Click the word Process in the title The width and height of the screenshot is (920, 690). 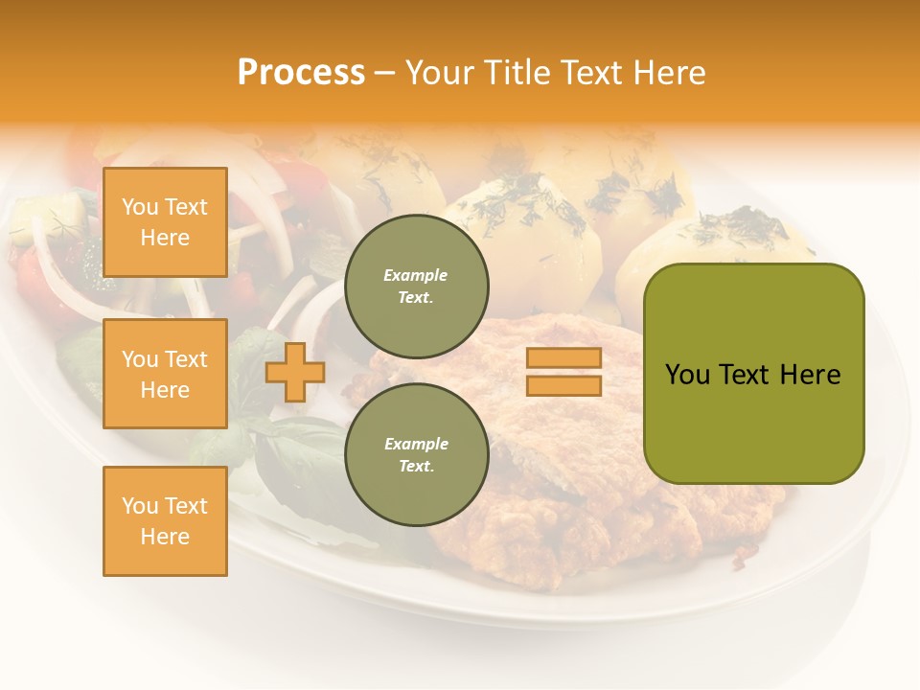[x=301, y=73]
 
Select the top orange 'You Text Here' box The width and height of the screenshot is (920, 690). [x=165, y=222]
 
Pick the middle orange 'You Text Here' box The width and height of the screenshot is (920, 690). [x=165, y=374]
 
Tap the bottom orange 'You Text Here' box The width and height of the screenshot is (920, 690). [x=165, y=521]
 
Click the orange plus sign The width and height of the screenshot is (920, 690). [x=294, y=372]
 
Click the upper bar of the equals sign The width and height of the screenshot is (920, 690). [x=564, y=357]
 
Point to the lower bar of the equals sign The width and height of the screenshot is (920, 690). [x=564, y=385]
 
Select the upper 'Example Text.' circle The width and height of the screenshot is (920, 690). [x=416, y=286]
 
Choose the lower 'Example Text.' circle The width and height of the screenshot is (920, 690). [x=416, y=454]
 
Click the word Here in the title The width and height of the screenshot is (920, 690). [x=670, y=73]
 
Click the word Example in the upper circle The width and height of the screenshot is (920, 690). [x=416, y=275]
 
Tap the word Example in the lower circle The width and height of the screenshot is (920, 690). [x=416, y=444]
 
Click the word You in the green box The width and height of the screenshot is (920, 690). [x=687, y=375]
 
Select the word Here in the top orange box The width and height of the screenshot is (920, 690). [x=165, y=238]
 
